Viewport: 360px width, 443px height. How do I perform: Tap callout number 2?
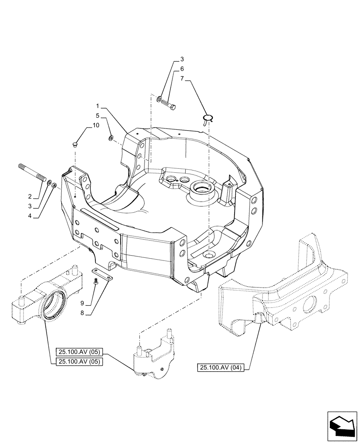30,196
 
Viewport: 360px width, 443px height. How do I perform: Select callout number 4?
30,216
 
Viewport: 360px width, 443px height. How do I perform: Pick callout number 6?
182,69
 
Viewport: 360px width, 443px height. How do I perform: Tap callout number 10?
96,126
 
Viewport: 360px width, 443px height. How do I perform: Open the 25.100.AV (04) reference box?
222,367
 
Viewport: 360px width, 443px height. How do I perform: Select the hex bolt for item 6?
170,105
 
